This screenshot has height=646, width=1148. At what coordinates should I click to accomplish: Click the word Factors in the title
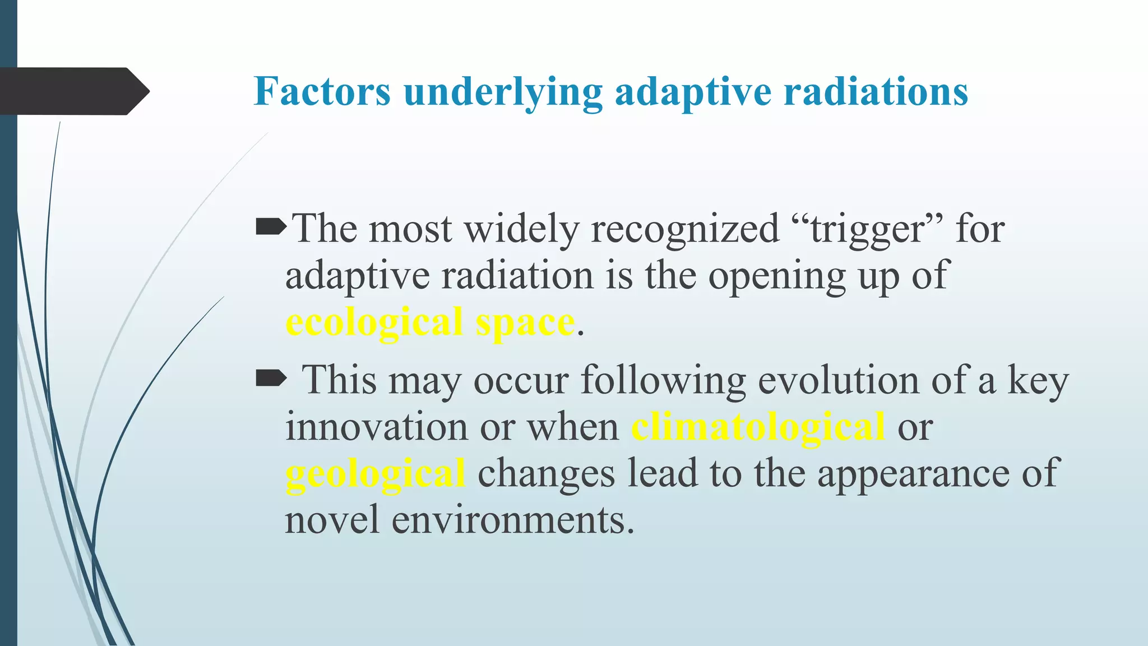(322, 91)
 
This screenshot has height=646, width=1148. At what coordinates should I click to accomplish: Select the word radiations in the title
(876, 91)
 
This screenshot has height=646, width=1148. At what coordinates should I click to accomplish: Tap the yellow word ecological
(374, 323)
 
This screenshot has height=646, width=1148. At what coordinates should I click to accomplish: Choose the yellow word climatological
(758, 427)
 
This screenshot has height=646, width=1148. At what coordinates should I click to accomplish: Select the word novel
(332, 520)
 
